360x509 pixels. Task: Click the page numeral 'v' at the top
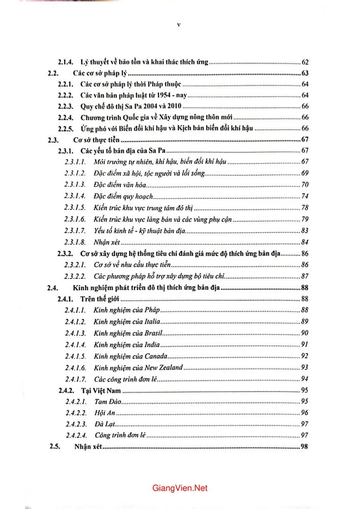point(179,23)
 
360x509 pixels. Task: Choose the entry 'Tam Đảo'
point(107,402)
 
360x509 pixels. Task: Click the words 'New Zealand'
point(167,367)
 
